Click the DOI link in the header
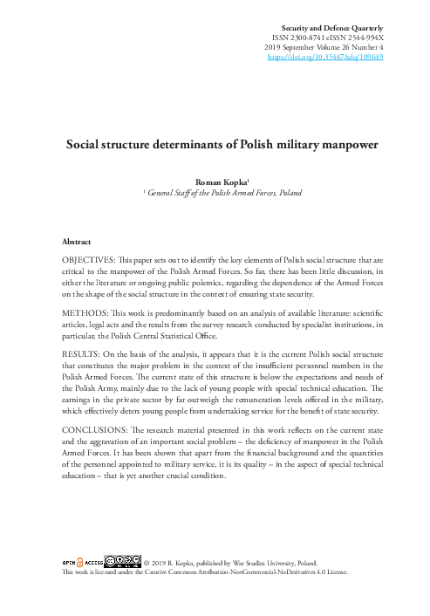coord(324,58)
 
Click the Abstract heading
coord(78,240)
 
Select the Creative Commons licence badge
coord(122,560)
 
